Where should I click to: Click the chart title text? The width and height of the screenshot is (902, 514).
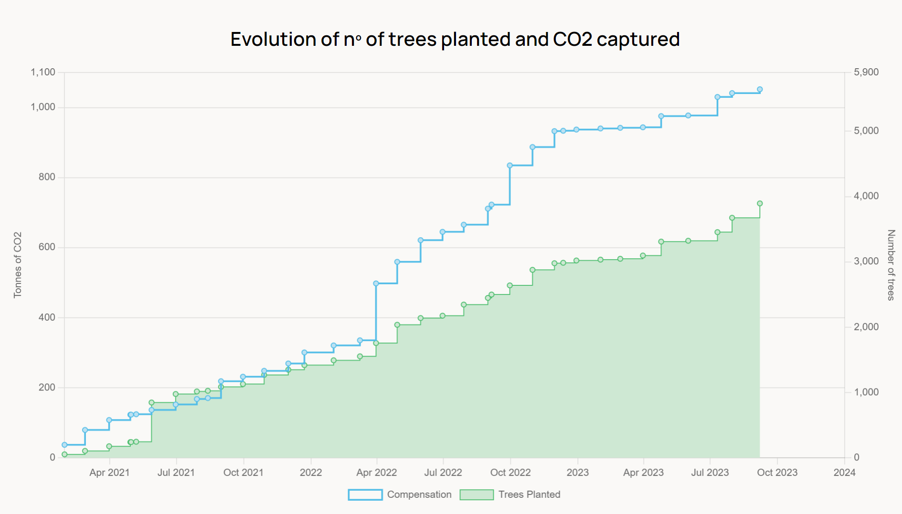pos(455,39)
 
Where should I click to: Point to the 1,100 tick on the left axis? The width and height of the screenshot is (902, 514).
pos(43,72)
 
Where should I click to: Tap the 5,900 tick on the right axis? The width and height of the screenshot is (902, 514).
pos(866,72)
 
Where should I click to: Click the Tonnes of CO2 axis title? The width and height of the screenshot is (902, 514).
pos(18,265)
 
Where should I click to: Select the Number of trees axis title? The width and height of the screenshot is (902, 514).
pos(891,265)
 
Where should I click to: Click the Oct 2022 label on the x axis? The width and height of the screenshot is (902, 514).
pos(510,472)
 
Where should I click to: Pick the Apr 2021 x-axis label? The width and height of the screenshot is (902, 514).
pos(109,472)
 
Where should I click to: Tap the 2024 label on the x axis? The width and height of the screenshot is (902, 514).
pos(844,472)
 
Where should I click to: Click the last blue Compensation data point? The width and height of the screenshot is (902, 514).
pos(760,89)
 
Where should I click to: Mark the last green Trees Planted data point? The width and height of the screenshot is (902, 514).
pos(760,203)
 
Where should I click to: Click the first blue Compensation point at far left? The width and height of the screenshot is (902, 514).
pos(64,445)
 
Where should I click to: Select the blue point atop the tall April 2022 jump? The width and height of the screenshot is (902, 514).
pos(376,283)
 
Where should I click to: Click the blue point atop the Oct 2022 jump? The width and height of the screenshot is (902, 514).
pos(509,166)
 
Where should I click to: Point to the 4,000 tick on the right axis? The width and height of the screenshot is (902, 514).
pos(866,196)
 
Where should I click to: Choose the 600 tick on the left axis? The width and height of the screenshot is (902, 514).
pos(47,247)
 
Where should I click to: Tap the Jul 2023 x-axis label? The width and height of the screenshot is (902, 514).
pos(710,472)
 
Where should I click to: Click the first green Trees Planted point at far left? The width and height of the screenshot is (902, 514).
pos(64,454)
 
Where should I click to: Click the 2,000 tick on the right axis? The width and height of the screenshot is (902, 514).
pos(866,327)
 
